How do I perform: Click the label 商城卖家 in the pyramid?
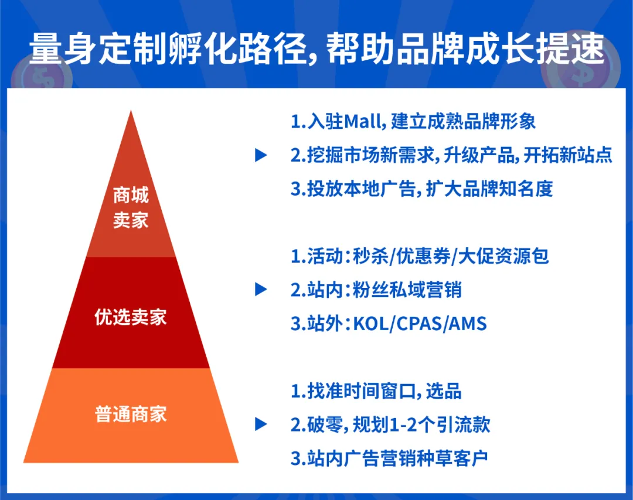(x=131, y=208)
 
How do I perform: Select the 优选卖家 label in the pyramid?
(x=131, y=317)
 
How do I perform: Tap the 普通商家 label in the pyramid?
(x=131, y=414)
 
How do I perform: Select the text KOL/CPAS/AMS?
(x=420, y=323)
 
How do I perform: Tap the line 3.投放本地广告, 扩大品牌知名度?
(x=421, y=189)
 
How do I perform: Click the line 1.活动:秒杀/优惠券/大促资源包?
(x=420, y=256)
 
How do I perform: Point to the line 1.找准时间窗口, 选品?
(x=376, y=391)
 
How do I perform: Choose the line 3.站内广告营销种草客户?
(x=389, y=458)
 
